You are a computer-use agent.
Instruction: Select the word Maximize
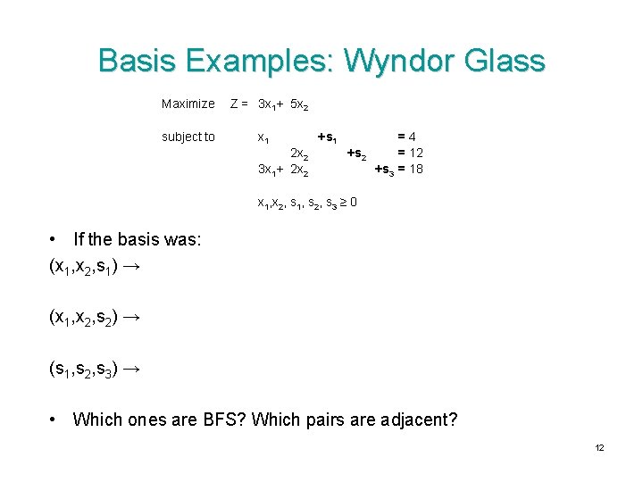[x=188, y=104]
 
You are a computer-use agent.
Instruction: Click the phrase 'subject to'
[x=188, y=137]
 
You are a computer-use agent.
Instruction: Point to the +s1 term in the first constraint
[x=327, y=137]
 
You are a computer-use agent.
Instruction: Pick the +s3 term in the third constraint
[x=385, y=169]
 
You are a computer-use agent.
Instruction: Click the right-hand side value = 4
[x=406, y=137]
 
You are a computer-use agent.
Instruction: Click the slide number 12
[x=599, y=447]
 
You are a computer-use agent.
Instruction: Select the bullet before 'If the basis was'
[x=54, y=239]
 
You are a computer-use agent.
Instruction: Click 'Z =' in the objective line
[x=238, y=104]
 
